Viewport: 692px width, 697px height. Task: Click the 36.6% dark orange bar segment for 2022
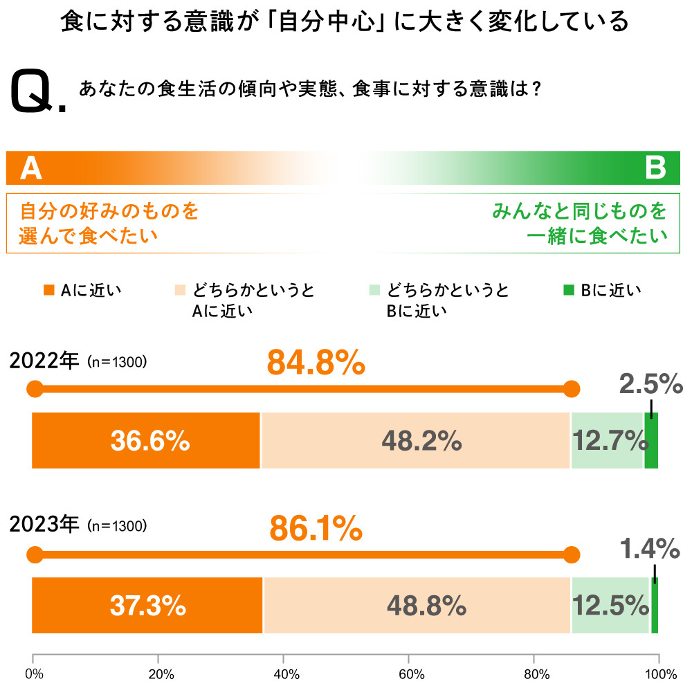point(146,440)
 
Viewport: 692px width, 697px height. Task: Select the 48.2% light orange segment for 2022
point(415,440)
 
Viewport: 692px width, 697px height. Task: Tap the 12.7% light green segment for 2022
point(607,440)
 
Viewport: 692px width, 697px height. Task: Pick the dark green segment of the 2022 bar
point(651,440)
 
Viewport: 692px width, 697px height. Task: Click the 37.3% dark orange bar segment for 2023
point(147,606)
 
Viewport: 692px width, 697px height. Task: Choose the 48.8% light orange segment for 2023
point(417,606)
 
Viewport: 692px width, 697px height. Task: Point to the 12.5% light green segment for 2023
point(610,606)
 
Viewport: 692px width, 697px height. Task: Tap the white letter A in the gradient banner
point(30,168)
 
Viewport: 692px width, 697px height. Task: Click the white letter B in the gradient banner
point(655,168)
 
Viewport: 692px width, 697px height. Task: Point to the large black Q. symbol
point(38,93)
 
